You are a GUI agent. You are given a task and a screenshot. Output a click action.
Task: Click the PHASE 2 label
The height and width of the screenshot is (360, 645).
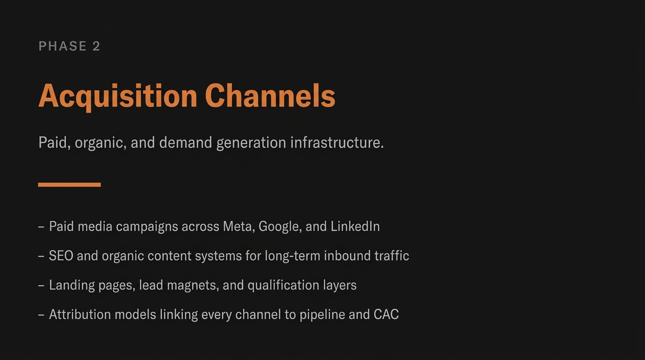click(x=69, y=46)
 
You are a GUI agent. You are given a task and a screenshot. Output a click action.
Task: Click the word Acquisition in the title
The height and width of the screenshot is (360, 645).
click(x=118, y=96)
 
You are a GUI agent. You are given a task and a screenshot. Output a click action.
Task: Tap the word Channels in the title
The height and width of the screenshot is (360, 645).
click(x=270, y=96)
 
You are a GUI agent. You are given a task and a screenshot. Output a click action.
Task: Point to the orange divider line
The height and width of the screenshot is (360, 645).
click(x=69, y=185)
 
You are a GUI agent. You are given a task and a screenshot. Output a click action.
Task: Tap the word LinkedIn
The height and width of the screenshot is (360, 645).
click(x=355, y=226)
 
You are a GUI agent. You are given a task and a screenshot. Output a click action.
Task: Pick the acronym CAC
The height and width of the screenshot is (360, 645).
click(x=386, y=315)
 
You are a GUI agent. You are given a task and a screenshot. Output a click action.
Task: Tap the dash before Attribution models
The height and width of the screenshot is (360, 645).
click(x=41, y=315)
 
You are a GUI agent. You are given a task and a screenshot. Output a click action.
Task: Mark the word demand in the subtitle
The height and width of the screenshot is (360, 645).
click(x=186, y=142)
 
